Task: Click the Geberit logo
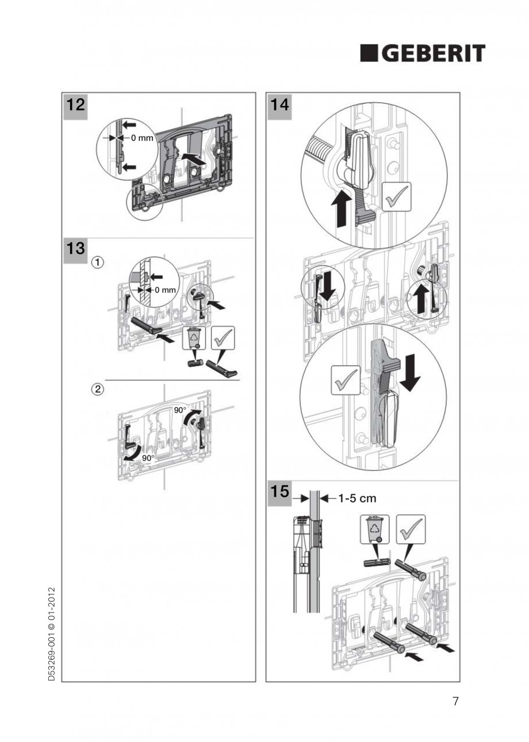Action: click(423, 54)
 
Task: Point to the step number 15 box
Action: click(278, 494)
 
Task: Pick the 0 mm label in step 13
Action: click(164, 290)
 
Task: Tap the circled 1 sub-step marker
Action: click(99, 262)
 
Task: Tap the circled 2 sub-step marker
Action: click(99, 389)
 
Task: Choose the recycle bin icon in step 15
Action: click(374, 530)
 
